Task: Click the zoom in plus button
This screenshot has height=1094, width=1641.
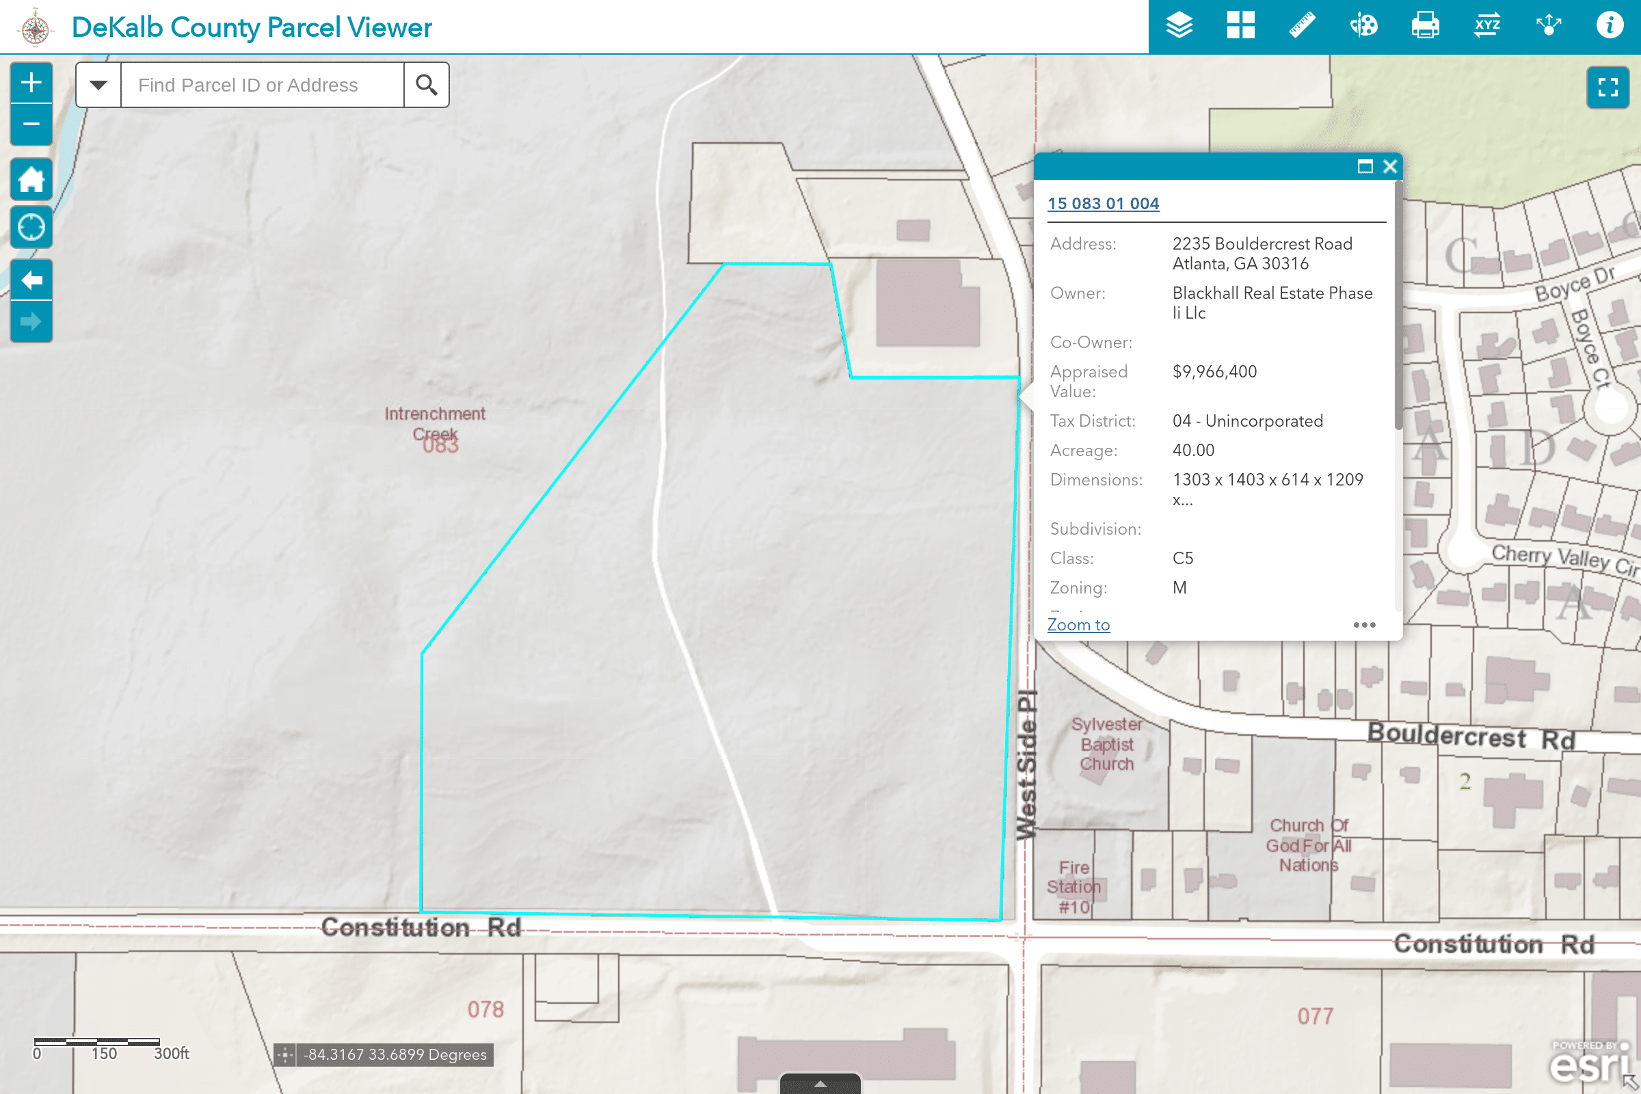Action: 31,83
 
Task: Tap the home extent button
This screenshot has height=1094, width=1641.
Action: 31,180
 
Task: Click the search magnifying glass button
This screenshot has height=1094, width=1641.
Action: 426,85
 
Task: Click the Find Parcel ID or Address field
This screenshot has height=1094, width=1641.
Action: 262,85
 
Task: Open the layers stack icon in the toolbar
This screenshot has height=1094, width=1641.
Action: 1179,26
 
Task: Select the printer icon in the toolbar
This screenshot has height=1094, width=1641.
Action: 1425,26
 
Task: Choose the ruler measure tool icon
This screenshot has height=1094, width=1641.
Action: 1302,26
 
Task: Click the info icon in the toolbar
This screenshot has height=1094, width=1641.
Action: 1610,26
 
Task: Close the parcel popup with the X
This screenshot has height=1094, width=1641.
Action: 1390,167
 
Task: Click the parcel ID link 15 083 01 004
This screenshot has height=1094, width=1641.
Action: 1103,204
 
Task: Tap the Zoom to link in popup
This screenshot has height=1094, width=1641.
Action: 1078,625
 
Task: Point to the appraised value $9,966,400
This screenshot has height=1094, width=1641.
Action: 1214,372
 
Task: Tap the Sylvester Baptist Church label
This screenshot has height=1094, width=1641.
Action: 1106,744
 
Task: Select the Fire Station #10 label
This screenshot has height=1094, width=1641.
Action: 1073,887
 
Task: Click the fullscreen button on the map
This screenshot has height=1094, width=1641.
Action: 1607,88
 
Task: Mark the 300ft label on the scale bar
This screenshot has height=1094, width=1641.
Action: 171,1054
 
